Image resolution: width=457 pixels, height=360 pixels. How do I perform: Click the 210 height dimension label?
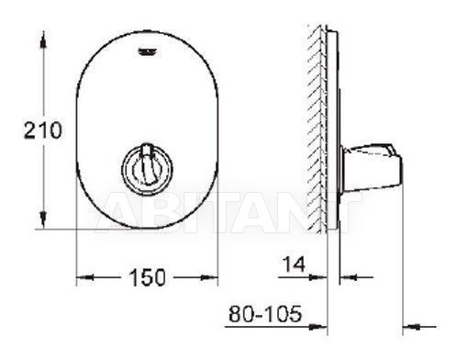(x=43, y=130)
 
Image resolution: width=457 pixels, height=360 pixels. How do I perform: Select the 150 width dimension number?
(x=147, y=277)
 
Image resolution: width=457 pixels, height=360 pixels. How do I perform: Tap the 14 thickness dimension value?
(x=294, y=264)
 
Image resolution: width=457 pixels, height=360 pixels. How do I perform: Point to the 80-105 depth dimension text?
(x=265, y=313)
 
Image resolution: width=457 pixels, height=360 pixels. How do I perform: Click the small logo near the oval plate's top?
(x=148, y=52)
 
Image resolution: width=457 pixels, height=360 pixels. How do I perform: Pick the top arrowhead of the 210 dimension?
(x=43, y=40)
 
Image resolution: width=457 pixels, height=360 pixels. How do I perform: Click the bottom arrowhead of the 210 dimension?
(x=43, y=219)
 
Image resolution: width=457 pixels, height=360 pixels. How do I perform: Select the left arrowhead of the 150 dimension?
(x=84, y=277)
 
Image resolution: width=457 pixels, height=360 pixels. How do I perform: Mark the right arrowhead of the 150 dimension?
(x=209, y=277)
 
